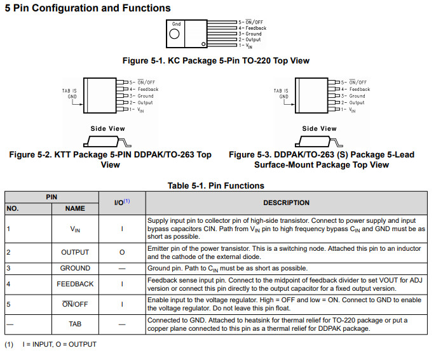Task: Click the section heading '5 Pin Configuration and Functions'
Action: coord(88,8)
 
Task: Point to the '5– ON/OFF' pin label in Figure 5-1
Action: coord(252,22)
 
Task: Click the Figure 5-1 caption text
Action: coord(216,61)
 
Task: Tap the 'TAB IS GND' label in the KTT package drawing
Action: coord(69,94)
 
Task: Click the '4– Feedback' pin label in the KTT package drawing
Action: coord(144,90)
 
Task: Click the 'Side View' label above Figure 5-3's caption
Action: coord(319,128)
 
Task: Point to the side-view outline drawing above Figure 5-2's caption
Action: coord(107,141)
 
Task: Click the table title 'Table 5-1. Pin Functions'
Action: coord(216,185)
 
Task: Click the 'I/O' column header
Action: coord(121,203)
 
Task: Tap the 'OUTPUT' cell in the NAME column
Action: coord(75,252)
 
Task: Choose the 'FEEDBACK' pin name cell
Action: coord(75,284)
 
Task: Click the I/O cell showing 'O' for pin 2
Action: coord(121,252)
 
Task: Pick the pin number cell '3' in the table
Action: coord(9,268)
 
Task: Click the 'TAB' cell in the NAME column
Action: coord(75,324)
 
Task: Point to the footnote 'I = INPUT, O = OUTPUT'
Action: coord(59,344)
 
